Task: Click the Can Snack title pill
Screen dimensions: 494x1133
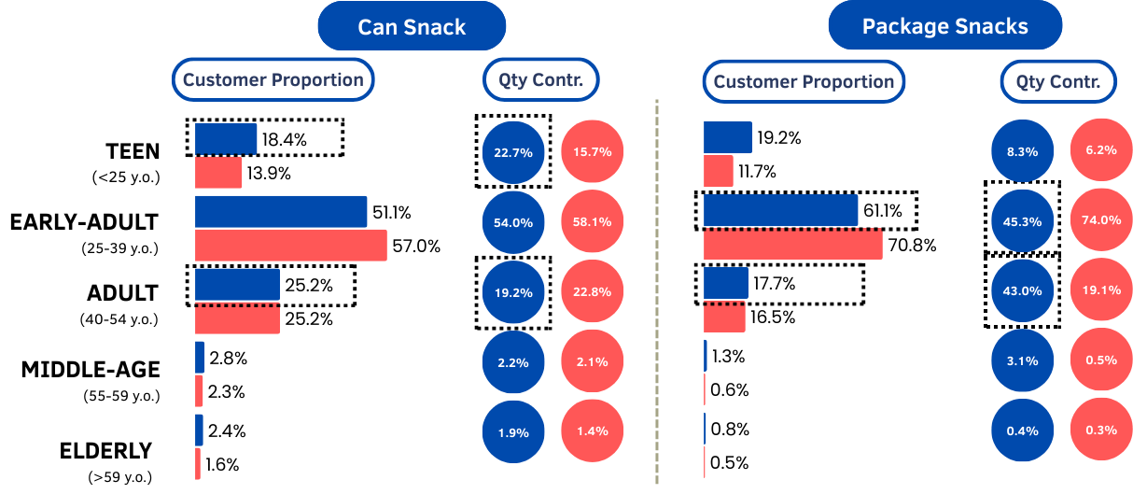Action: (412, 26)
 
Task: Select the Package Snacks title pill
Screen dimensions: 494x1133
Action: (944, 26)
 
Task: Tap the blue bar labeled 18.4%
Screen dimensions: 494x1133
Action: (226, 139)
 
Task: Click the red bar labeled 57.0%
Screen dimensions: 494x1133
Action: (290, 246)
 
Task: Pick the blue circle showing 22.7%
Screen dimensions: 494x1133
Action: (513, 151)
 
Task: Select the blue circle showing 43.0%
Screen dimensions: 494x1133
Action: (1023, 290)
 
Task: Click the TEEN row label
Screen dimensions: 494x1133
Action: (133, 151)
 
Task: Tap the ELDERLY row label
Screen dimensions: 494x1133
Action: (105, 451)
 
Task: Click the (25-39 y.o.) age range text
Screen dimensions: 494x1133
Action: (119, 248)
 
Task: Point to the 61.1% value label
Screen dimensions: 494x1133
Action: (883, 211)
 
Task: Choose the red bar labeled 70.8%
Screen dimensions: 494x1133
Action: (792, 245)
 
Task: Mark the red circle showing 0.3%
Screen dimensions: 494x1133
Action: (1101, 430)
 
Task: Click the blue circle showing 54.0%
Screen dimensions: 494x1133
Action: (513, 222)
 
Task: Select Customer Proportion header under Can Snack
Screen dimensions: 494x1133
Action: (273, 80)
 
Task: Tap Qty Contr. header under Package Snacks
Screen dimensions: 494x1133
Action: (1057, 82)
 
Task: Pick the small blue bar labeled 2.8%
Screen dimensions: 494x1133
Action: (200, 358)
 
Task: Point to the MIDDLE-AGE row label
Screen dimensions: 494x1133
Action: (91, 371)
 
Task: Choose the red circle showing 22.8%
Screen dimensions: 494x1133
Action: (593, 291)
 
